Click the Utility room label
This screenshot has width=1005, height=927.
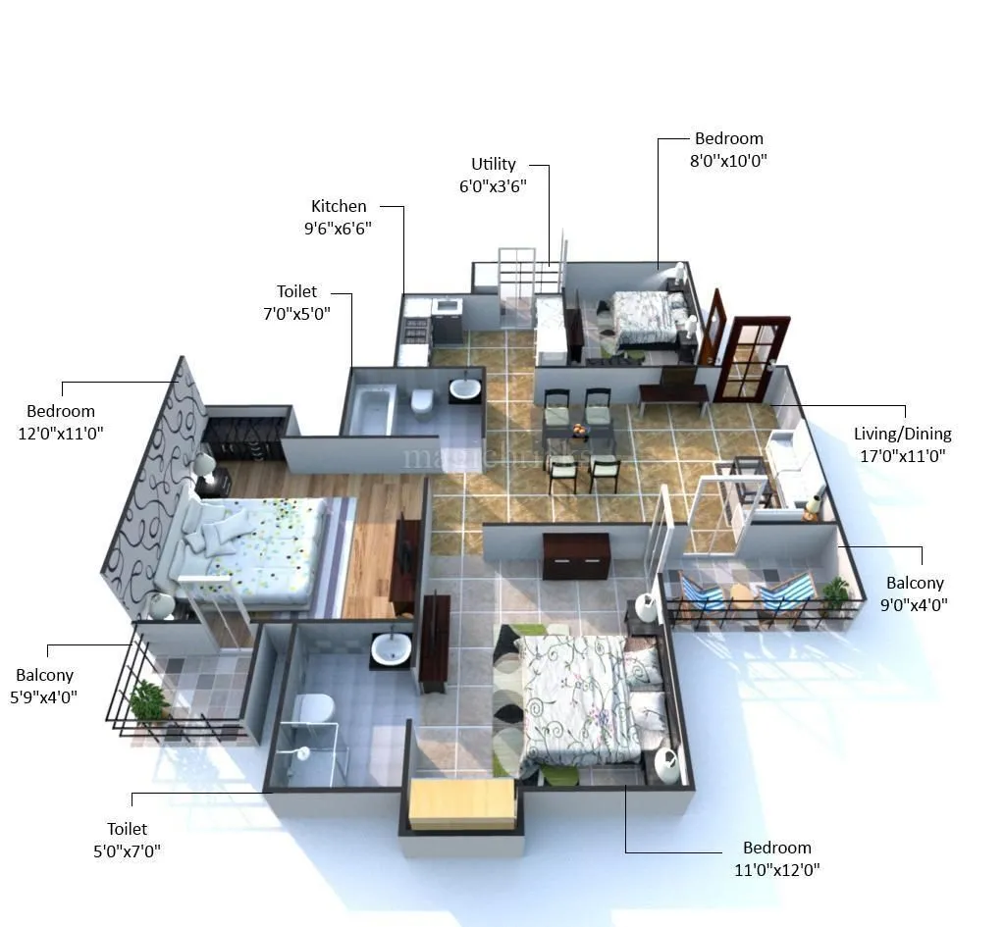tap(493, 164)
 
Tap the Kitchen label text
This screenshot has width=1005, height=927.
tap(339, 206)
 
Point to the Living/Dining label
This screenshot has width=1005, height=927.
tap(902, 434)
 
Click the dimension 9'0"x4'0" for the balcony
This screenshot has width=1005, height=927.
tap(915, 604)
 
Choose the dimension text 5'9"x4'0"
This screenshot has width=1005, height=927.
tap(44, 696)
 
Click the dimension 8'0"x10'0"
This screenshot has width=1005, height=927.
tap(728, 161)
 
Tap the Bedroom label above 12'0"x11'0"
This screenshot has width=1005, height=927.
tap(61, 411)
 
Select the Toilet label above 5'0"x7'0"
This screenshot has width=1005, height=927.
tap(128, 829)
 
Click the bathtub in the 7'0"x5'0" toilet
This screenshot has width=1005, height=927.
tap(374, 410)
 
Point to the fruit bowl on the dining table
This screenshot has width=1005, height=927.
tap(581, 430)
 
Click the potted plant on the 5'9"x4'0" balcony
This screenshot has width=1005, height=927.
tap(148, 700)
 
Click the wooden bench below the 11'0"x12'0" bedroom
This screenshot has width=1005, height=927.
tap(461, 802)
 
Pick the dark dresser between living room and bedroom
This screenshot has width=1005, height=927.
tap(576, 555)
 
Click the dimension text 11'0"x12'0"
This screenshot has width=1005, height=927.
tap(776, 869)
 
